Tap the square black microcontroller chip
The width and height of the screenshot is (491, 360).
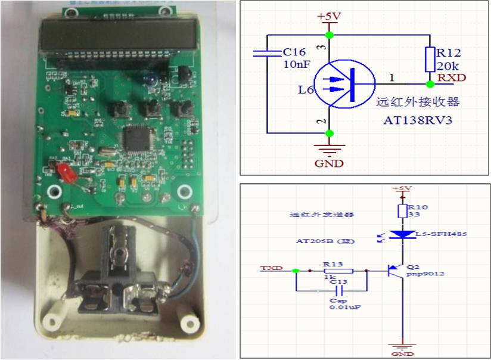coord(135,138)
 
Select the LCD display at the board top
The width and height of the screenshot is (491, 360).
coord(119,35)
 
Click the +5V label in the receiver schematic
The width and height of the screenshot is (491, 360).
coord(328,16)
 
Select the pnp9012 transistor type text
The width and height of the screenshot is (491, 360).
coord(427,275)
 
